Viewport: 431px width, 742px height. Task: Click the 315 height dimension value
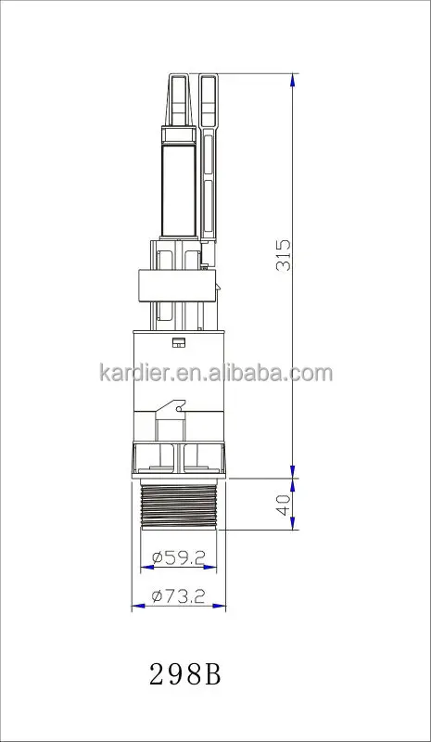284,255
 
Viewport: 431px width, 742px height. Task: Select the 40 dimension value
284,505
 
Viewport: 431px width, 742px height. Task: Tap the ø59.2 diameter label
178,557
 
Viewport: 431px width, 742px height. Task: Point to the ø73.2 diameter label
178,596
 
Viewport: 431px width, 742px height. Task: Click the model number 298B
185,674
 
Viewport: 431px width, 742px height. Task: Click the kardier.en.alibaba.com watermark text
216,373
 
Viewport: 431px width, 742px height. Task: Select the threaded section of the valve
179,505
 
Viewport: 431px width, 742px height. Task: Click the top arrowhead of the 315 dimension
293,80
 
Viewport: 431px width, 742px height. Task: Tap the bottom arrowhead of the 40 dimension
293,523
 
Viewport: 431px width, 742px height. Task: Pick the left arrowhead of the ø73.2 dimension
138,606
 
